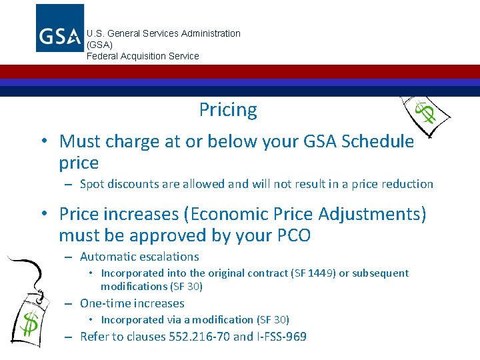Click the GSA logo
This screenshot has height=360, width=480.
click(59, 28)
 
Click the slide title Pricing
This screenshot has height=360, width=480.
click(228, 109)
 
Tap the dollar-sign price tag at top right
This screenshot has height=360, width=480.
click(425, 114)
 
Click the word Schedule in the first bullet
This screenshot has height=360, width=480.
click(376, 141)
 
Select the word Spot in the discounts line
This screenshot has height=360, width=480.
click(92, 184)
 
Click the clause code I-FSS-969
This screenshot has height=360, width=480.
click(280, 337)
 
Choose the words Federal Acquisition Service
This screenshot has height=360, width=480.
click(143, 56)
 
